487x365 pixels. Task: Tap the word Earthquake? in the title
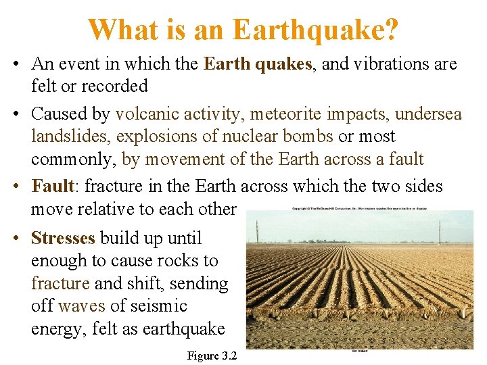tap(315, 30)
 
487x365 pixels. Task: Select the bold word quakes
tap(281, 64)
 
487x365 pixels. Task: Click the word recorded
tap(115, 86)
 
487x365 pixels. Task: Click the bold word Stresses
tap(64, 238)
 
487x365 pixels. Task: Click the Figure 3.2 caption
tap(212, 356)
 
